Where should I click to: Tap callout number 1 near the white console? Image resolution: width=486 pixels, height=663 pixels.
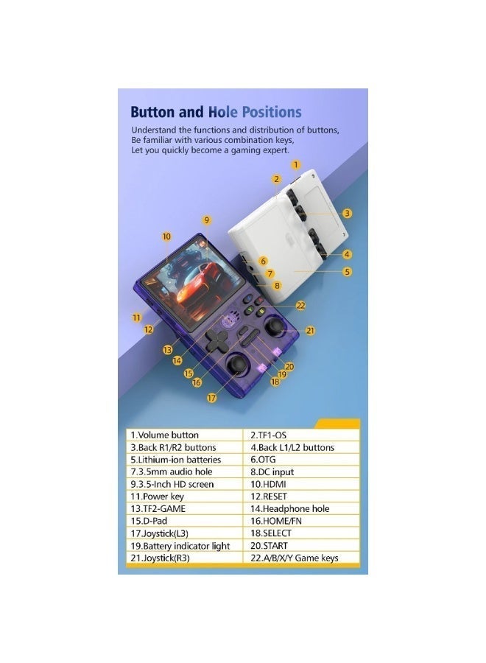click(x=296, y=164)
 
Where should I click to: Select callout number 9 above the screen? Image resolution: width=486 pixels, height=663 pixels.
click(x=207, y=220)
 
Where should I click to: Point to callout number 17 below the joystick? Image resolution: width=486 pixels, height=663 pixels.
click(x=211, y=398)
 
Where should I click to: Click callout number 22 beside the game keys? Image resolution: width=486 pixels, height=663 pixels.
click(x=300, y=305)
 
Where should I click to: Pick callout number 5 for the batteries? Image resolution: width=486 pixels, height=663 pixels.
click(x=347, y=271)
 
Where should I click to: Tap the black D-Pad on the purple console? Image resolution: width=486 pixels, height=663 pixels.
click(x=218, y=340)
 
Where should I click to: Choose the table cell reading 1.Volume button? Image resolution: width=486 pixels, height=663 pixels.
click(x=185, y=435)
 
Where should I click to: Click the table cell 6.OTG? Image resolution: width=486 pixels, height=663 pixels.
click(x=302, y=460)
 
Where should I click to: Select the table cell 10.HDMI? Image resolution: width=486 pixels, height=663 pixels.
click(x=302, y=484)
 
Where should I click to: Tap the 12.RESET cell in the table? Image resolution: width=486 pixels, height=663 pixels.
click(x=302, y=497)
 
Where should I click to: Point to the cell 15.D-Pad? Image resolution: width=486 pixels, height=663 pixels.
click(x=185, y=521)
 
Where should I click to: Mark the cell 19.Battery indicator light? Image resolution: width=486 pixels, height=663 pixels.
click(x=185, y=546)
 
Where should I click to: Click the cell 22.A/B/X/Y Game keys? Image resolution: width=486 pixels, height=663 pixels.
click(x=302, y=558)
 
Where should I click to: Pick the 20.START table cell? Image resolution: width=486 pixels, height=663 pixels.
click(x=302, y=546)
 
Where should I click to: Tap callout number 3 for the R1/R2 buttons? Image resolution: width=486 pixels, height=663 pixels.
click(x=347, y=213)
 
